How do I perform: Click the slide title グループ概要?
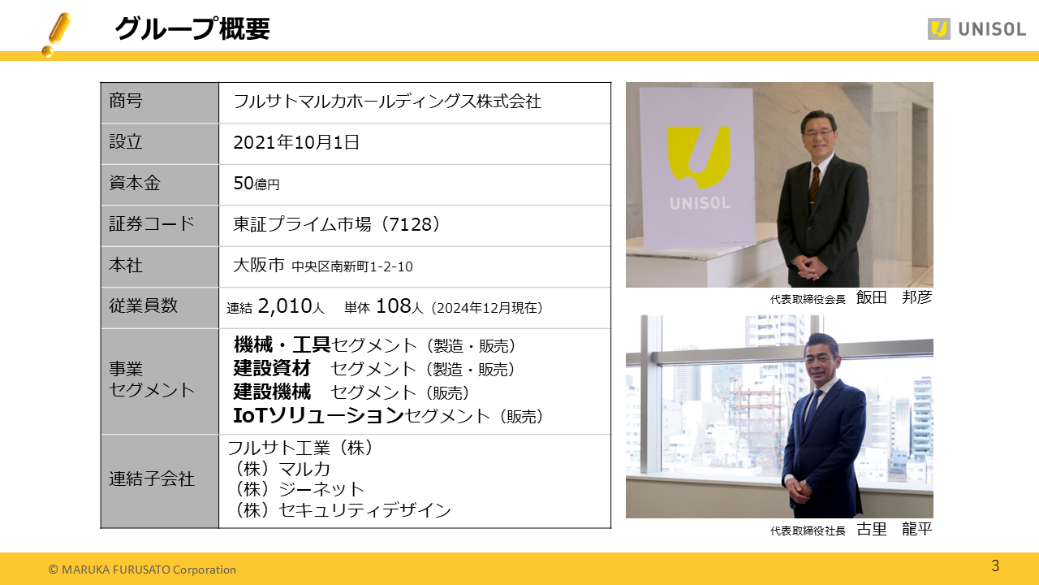point(192,28)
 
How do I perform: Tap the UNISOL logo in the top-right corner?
point(976,29)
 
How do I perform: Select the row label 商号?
point(126,102)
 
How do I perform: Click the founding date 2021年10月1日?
point(296,143)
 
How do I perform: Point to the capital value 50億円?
point(256,184)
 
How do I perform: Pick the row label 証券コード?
point(152,224)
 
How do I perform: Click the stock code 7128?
point(412,224)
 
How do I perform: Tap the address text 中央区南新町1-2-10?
point(352,266)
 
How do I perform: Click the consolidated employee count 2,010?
point(285,306)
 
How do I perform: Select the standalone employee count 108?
point(394,306)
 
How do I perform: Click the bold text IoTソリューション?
point(318,416)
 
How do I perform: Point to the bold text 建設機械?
point(272,392)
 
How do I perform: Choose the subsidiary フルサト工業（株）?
point(300,448)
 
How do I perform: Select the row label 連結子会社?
point(152,479)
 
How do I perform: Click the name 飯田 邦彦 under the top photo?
point(894,297)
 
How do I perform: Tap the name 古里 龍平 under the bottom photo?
point(894,530)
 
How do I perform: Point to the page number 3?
point(995,565)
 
